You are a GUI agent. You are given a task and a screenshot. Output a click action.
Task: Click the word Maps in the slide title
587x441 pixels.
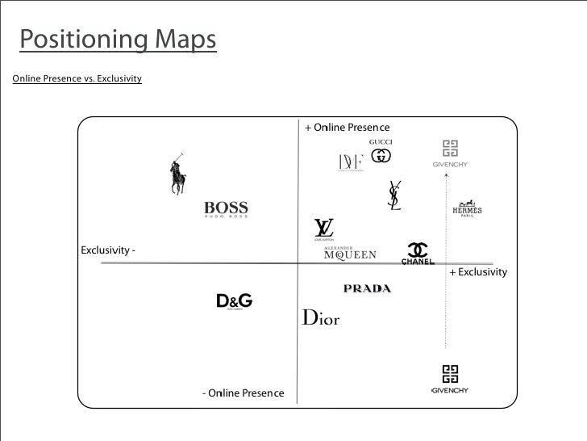[x=180, y=40]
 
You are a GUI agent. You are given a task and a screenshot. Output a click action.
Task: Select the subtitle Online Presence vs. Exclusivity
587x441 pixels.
[x=77, y=78]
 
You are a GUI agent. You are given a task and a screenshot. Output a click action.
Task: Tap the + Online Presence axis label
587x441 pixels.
[x=347, y=128]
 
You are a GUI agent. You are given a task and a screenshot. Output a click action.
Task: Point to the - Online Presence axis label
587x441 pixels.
[x=243, y=393]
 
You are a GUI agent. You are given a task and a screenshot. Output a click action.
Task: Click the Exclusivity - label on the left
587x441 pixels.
[x=107, y=250]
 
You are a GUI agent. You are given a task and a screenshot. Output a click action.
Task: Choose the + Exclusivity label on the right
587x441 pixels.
[x=478, y=272]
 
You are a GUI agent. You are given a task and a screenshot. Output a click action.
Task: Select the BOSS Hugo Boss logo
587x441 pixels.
[x=226, y=209]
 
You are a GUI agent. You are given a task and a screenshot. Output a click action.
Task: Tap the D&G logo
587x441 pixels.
[x=235, y=302]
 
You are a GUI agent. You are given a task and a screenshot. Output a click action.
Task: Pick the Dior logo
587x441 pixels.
[x=321, y=317]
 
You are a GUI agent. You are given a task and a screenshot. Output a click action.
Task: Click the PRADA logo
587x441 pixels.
[x=367, y=288]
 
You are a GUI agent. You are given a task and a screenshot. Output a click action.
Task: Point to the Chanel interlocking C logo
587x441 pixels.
[x=418, y=254]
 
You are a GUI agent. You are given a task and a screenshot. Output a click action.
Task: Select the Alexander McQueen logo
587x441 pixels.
[x=350, y=254]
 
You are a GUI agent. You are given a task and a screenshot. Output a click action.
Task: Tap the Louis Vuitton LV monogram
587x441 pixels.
[x=324, y=230]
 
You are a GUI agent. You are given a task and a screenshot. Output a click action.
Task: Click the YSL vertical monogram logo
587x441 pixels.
[x=394, y=195]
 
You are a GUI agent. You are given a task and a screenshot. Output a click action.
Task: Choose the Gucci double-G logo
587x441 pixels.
[x=381, y=153]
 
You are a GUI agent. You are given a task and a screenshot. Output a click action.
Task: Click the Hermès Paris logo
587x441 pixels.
[x=467, y=208]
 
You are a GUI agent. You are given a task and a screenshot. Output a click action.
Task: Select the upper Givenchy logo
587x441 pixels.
[x=450, y=153]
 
